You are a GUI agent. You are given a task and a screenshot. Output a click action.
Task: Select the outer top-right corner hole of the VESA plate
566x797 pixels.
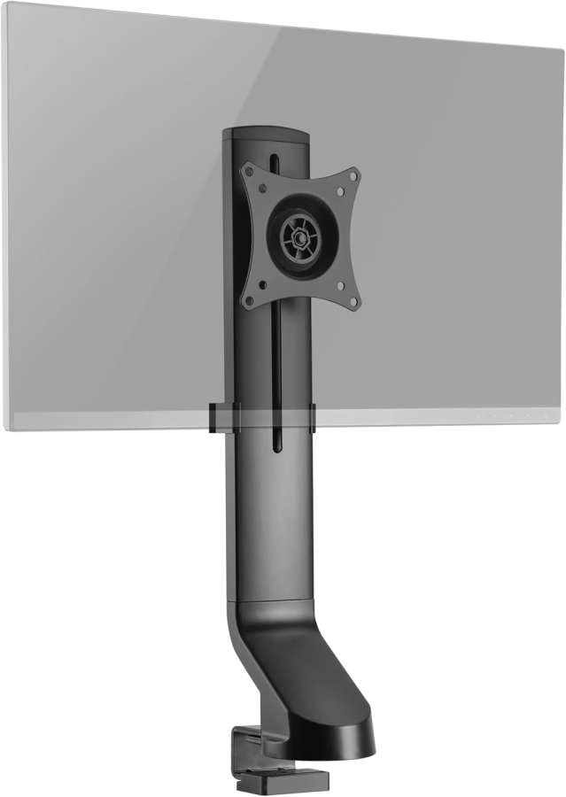click(x=356, y=173)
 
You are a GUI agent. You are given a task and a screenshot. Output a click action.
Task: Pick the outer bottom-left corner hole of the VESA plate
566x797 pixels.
click(x=248, y=301)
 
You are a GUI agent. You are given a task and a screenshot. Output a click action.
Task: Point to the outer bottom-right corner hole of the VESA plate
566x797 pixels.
click(x=355, y=303)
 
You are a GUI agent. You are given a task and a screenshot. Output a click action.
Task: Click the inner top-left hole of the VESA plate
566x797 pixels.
click(x=262, y=187)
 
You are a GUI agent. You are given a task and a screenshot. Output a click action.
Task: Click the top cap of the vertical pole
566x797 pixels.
click(x=266, y=135)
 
